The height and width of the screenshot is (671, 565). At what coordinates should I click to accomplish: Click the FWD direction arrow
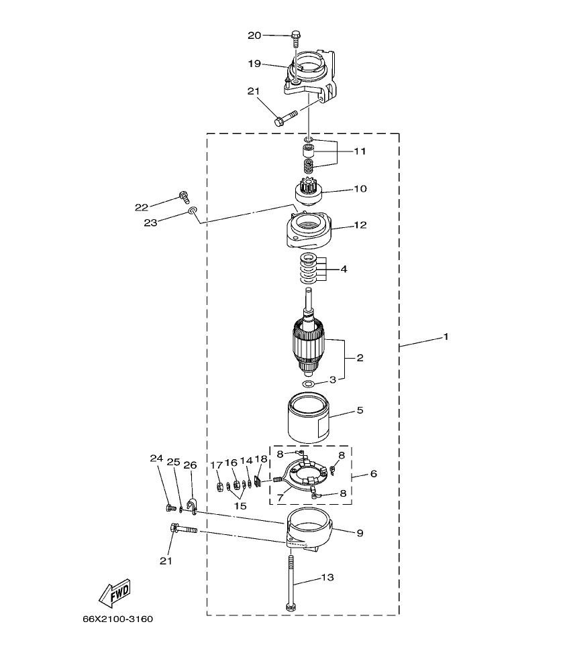(114, 592)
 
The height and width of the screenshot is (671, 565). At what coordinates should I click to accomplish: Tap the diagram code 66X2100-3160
(117, 619)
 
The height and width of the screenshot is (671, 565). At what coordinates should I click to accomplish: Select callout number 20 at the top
(254, 35)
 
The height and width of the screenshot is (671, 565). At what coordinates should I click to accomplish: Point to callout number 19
(254, 64)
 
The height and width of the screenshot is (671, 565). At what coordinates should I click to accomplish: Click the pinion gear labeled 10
(309, 191)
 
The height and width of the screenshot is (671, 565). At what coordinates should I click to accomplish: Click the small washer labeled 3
(309, 384)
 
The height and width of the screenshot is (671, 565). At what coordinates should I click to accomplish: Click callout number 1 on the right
(445, 336)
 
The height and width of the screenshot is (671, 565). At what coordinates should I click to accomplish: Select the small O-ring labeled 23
(193, 212)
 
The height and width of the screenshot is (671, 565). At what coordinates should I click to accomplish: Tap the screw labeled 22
(183, 196)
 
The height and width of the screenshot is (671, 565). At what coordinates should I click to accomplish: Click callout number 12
(360, 225)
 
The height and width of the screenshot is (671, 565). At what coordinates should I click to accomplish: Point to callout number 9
(360, 533)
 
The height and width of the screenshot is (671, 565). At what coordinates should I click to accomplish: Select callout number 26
(190, 464)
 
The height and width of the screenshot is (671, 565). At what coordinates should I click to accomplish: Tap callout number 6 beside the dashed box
(373, 473)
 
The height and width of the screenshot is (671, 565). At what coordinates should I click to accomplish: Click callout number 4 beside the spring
(344, 269)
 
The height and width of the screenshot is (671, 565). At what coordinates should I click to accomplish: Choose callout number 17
(217, 464)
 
